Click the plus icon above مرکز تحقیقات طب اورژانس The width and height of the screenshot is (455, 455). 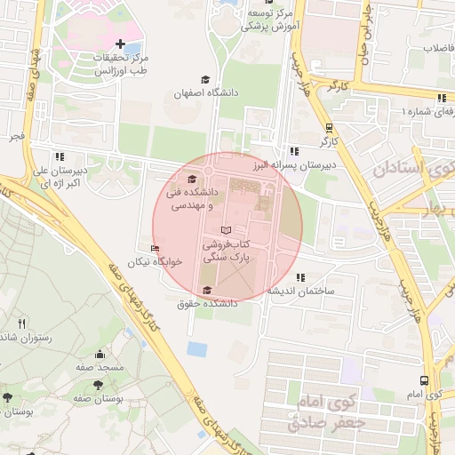[x=120, y=44]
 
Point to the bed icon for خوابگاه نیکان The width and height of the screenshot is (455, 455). [x=156, y=249]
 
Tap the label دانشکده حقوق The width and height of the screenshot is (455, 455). [x=207, y=304]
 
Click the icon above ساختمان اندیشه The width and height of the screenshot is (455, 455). [x=299, y=277]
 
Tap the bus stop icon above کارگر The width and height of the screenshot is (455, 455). [x=330, y=127]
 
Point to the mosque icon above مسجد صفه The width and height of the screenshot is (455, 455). [x=99, y=355]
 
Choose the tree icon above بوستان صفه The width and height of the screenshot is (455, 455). [x=97, y=385]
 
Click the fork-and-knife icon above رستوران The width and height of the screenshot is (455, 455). [x=21, y=323]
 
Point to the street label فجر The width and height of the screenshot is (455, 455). [x=17, y=138]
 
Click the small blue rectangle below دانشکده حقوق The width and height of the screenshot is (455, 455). [x=197, y=348]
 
